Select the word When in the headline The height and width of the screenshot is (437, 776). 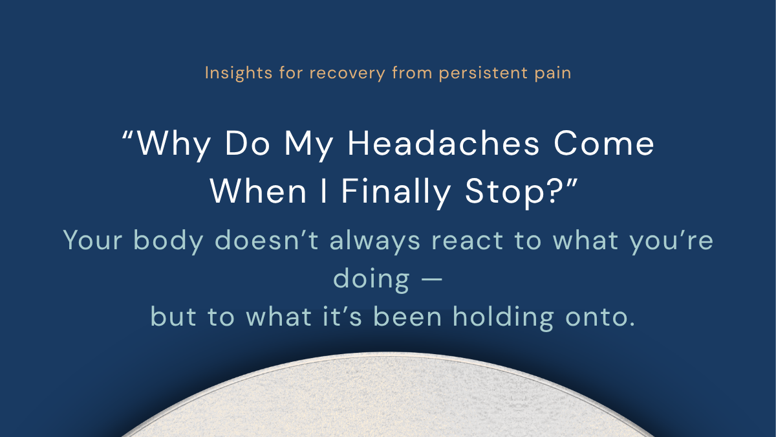249,190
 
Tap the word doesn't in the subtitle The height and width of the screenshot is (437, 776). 268,241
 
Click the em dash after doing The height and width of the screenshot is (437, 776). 430,280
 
